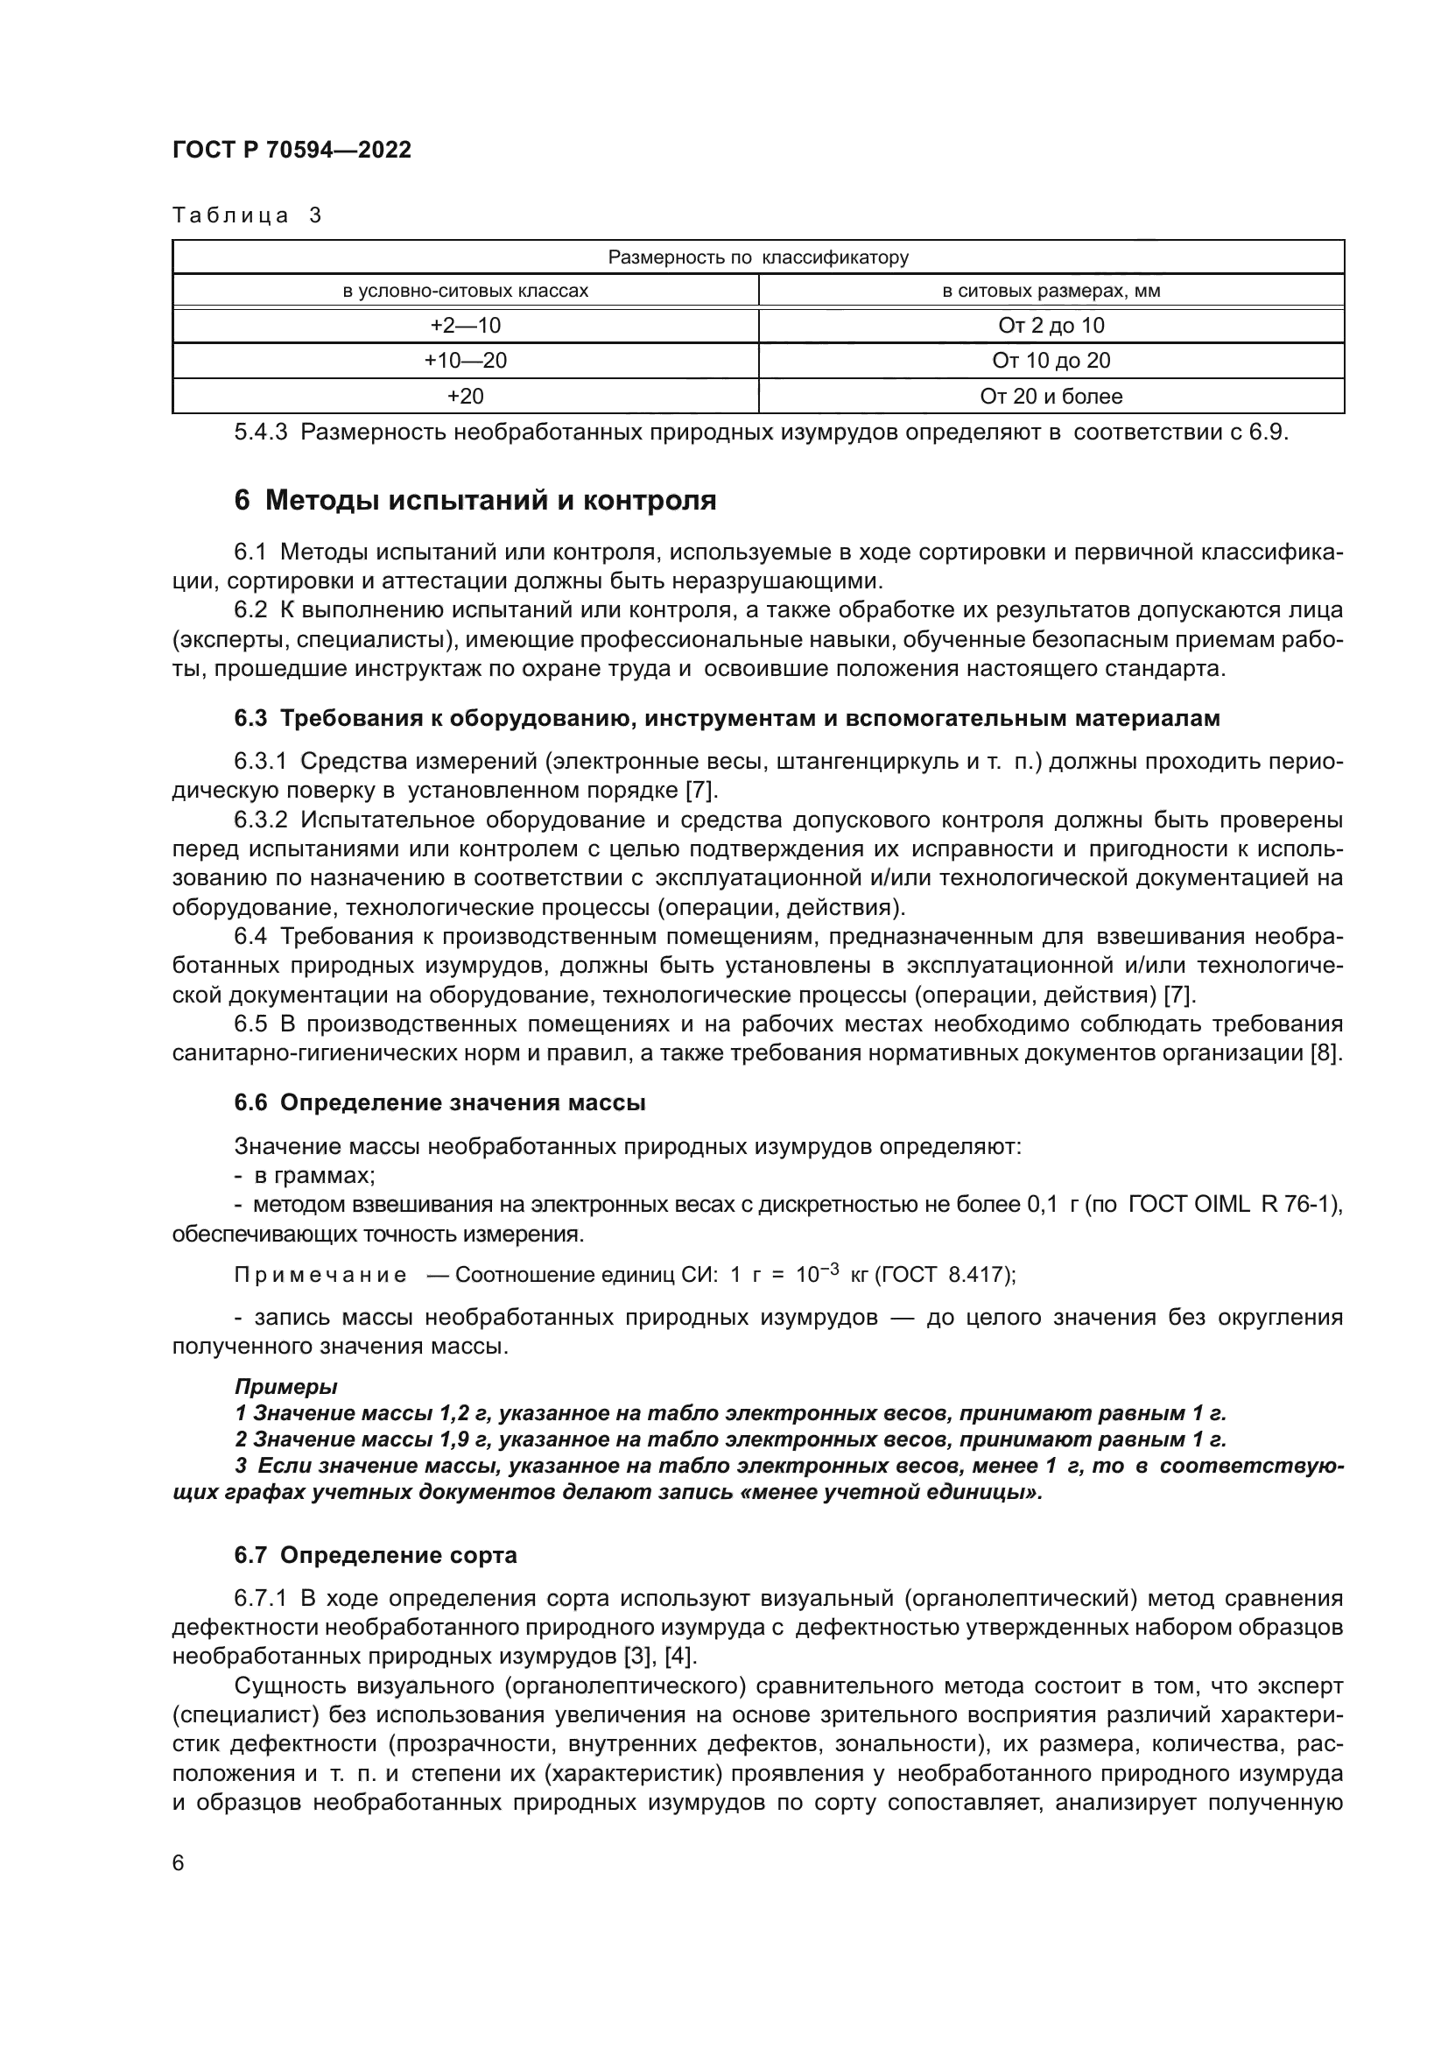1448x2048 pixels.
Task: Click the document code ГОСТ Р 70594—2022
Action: [292, 150]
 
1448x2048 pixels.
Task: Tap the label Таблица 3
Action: [247, 215]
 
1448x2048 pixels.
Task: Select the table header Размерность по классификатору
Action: [758, 257]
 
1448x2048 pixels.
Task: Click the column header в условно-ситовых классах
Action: [466, 291]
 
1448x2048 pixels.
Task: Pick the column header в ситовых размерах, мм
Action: [1051, 291]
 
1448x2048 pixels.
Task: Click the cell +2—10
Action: [466, 326]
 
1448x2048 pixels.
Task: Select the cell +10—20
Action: [466, 361]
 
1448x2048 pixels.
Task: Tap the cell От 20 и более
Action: [1051, 396]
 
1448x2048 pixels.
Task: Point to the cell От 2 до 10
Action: [1051, 326]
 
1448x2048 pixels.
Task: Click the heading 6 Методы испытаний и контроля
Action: [475, 501]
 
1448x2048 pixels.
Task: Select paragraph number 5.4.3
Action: [260, 433]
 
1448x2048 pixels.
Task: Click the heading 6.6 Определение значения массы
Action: [439, 1102]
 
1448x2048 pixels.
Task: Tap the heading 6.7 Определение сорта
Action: [376, 1556]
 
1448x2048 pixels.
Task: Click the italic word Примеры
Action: [285, 1387]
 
